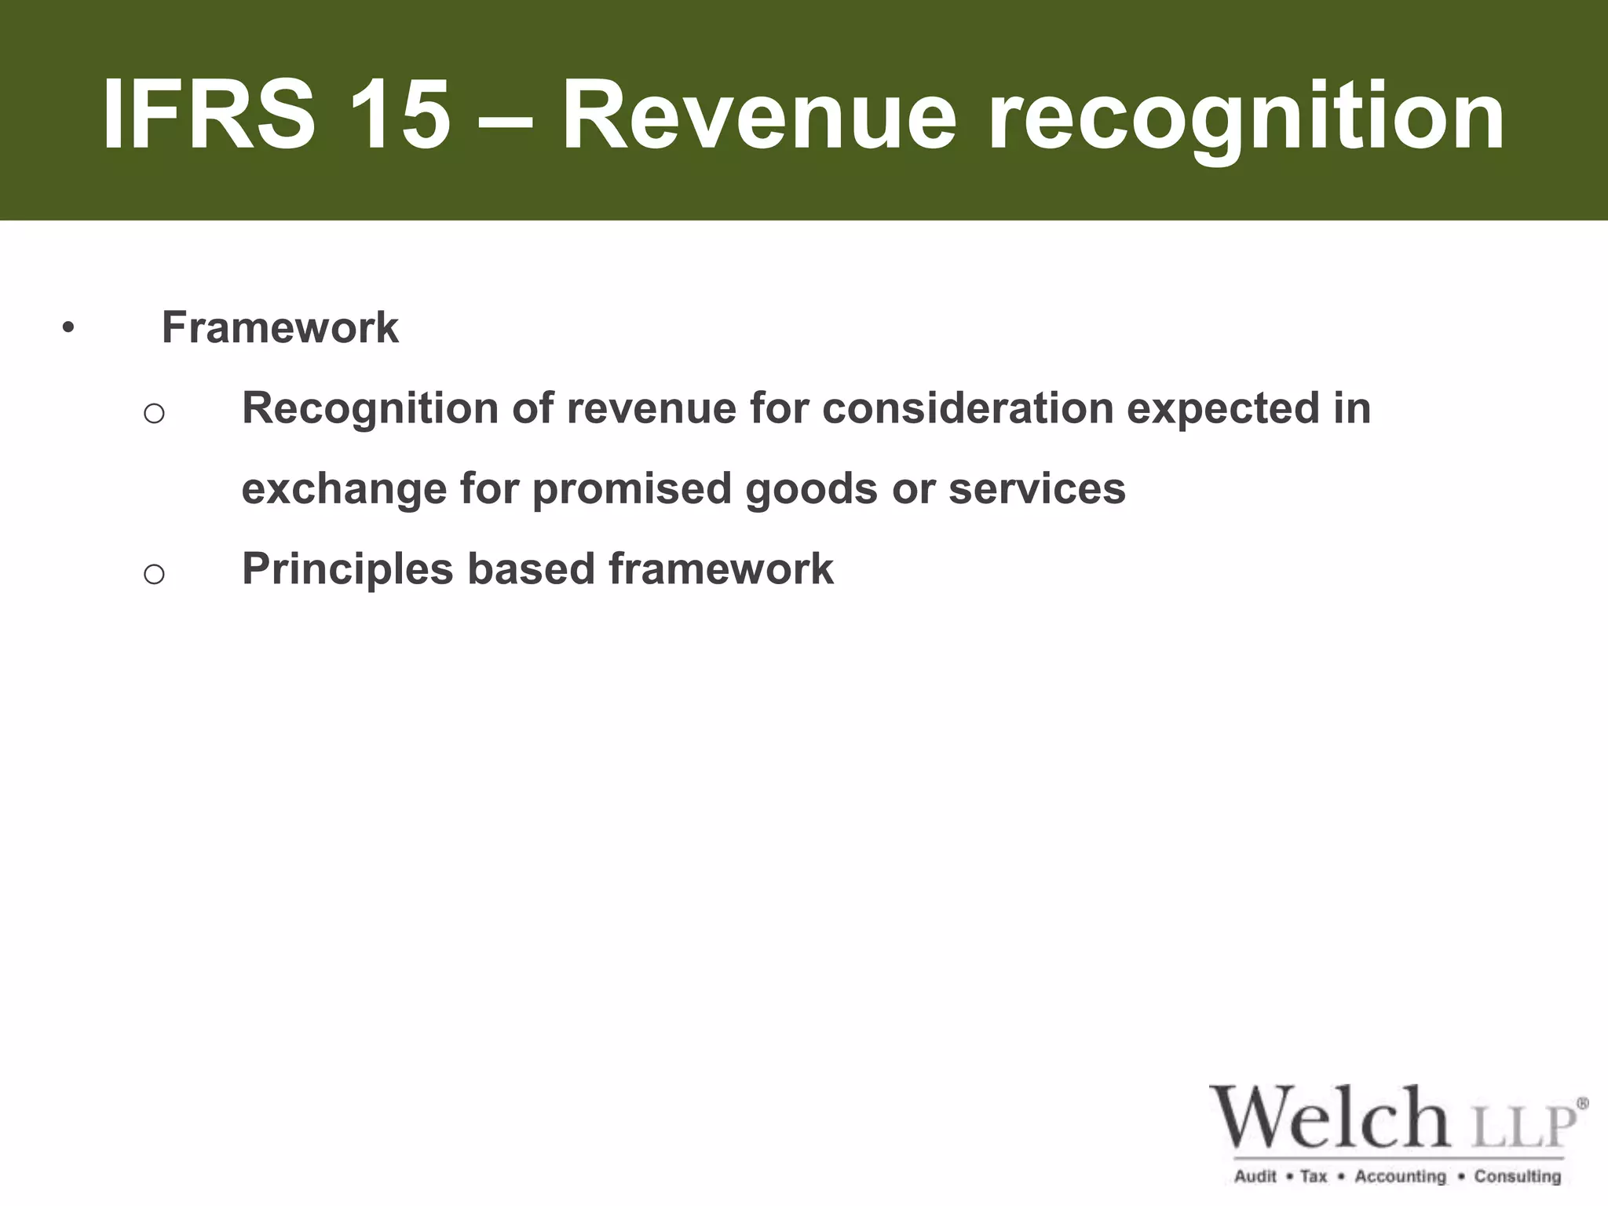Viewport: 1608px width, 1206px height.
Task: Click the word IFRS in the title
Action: [x=209, y=116]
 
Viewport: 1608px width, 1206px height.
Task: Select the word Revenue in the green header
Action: [x=759, y=116]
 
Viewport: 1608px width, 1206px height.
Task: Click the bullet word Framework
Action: [x=280, y=327]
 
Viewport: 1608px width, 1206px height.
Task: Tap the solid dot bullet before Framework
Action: [x=68, y=328]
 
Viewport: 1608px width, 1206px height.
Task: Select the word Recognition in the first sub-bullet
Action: [x=370, y=409]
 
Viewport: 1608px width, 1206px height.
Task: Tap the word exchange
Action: [x=344, y=489]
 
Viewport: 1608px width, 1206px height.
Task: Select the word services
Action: [x=1036, y=488]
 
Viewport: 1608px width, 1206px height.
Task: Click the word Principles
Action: [x=347, y=569]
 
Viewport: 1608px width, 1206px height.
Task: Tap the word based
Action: [x=531, y=568]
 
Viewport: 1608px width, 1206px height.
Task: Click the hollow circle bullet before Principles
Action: [x=154, y=574]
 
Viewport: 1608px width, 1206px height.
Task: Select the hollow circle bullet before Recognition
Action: [x=154, y=413]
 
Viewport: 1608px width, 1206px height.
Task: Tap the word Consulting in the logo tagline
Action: [x=1517, y=1175]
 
